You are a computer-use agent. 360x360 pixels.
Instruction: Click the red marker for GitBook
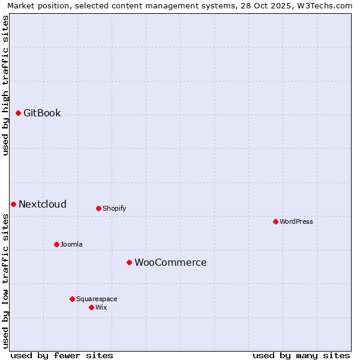tap(18, 113)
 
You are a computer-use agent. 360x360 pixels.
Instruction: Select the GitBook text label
tap(42, 113)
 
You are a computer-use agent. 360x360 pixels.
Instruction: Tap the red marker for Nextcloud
tap(13, 204)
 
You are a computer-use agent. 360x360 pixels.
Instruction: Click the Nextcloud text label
tap(43, 204)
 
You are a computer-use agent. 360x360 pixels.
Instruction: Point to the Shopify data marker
tap(98, 208)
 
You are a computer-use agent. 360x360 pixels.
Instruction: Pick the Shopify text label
tap(114, 209)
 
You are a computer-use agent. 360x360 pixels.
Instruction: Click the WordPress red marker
tap(275, 221)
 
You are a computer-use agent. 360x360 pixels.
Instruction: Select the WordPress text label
tap(296, 222)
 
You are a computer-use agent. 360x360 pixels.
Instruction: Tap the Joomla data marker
tap(56, 244)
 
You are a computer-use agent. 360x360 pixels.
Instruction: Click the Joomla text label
tap(71, 245)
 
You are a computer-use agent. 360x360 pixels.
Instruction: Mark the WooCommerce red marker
tap(129, 262)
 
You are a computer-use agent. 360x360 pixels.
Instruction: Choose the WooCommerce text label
tap(170, 263)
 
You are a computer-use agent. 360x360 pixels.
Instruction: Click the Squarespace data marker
tap(72, 299)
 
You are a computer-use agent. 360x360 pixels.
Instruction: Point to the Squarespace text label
tap(97, 299)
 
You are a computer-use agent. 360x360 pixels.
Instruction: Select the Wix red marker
tap(91, 307)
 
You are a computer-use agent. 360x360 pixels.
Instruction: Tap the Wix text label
tap(101, 308)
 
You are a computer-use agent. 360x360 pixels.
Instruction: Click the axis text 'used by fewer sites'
tap(62, 355)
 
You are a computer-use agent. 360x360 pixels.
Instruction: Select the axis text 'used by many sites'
tap(301, 355)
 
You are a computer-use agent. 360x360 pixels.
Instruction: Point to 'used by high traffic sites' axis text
tap(6, 85)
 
